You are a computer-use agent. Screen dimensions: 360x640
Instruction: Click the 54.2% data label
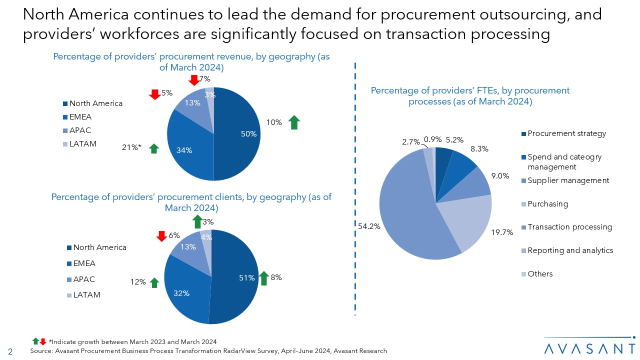[369, 226]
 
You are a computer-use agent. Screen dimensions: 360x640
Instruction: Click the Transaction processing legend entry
[569, 227]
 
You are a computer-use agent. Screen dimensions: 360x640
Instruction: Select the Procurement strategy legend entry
[566, 133]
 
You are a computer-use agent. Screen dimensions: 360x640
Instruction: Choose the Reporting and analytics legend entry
[570, 250]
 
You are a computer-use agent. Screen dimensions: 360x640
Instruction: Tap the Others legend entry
[540, 274]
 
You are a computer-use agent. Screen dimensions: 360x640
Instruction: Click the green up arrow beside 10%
[294, 122]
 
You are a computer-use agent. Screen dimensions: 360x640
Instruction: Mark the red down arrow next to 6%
[161, 236]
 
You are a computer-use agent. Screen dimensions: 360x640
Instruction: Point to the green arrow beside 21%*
[154, 148]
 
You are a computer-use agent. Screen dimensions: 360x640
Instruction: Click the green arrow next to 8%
[264, 278]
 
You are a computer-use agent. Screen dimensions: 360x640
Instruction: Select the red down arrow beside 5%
[154, 93]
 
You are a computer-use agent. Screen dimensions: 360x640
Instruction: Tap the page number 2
[10, 351]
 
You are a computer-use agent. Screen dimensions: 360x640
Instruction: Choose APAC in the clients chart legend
[84, 279]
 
